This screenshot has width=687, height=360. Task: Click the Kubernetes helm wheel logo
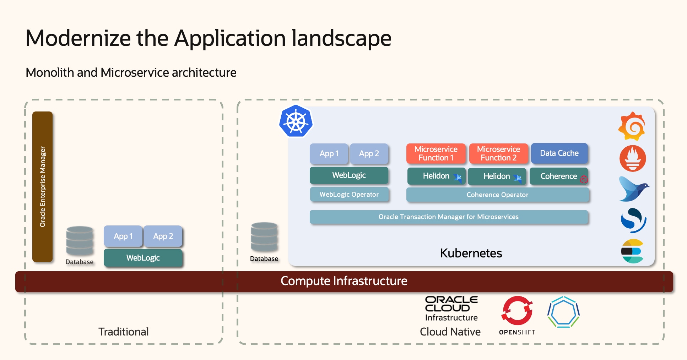coord(296,121)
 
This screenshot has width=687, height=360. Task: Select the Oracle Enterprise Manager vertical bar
coord(43,187)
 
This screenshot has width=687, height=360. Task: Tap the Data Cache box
coord(559,153)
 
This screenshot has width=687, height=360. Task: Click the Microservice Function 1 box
coord(436,153)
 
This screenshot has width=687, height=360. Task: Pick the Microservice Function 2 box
coord(498,153)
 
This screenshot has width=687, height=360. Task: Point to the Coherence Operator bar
coord(497,195)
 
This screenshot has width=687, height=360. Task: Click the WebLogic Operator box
coord(349,195)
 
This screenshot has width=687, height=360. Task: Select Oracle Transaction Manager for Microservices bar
coord(449,217)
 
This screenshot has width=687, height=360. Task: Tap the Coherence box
coord(558,176)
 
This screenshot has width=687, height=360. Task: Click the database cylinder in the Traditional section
coord(80,241)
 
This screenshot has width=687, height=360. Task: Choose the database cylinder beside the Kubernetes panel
coord(264,237)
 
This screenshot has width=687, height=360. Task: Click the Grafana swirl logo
coord(632,126)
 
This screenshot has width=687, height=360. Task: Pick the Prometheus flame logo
coord(633,158)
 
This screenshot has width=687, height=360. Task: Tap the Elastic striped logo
coord(633,251)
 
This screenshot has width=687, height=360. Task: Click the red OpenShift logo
coord(517,311)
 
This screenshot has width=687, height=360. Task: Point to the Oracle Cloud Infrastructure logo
coord(451,308)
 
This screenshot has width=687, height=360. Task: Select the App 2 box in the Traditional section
coord(163,236)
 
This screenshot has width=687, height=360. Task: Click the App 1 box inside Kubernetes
coord(329,154)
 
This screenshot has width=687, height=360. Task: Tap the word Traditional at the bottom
coord(123,332)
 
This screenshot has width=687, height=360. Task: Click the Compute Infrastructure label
coord(344,281)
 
